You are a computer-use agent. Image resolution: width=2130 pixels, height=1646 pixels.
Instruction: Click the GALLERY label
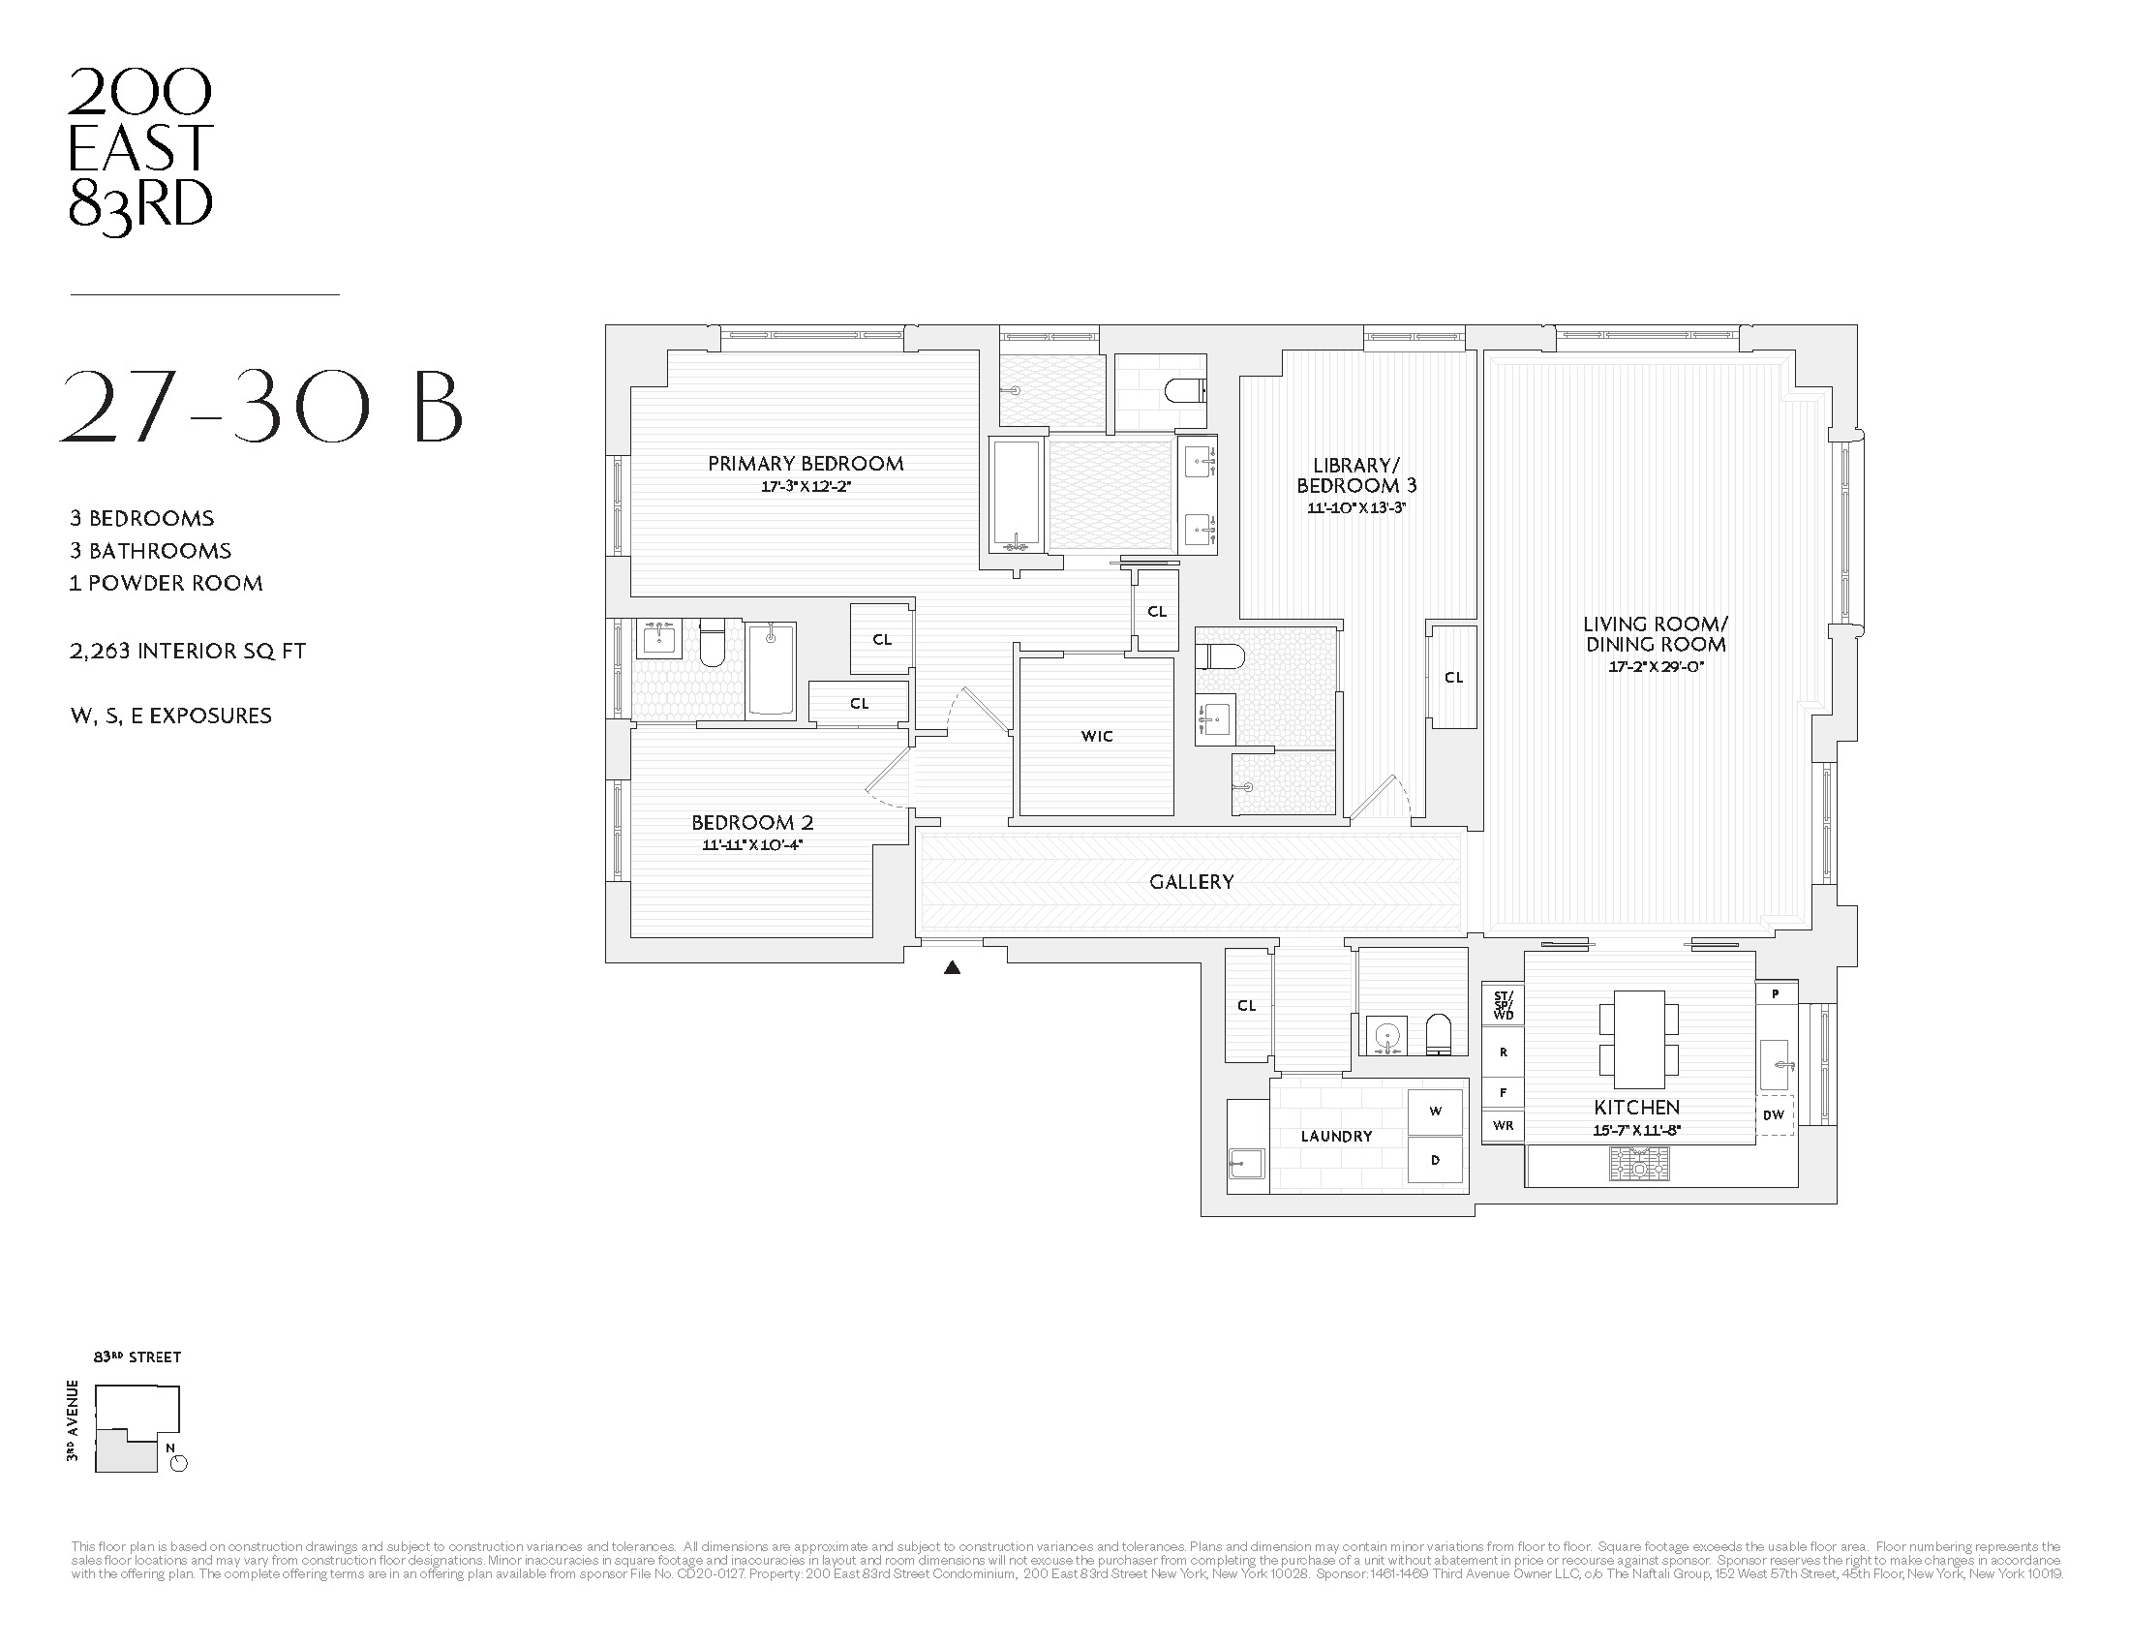pos(1191,881)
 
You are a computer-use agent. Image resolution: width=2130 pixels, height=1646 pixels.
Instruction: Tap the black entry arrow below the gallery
pos(953,968)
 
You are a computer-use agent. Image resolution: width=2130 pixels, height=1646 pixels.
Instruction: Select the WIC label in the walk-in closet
pos(1096,736)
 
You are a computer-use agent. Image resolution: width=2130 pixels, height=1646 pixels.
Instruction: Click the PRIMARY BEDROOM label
pos(806,464)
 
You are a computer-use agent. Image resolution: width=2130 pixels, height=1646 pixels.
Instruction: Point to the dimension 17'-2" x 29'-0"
pos(1655,668)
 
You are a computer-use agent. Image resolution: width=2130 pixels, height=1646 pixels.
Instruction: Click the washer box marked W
pos(1435,1111)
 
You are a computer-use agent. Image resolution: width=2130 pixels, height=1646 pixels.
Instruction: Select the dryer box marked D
pos(1435,1159)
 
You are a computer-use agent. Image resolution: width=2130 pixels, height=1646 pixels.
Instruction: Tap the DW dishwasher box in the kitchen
pos(1773,1114)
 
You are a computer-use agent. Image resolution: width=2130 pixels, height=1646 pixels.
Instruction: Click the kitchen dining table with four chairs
pos(1638,1040)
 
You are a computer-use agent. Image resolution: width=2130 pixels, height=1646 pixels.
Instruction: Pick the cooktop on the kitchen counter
pos(1638,1163)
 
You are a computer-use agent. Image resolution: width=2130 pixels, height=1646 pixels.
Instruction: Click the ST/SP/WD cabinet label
pos(1503,1005)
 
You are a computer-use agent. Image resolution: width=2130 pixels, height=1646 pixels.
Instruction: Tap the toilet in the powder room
pos(1439,1035)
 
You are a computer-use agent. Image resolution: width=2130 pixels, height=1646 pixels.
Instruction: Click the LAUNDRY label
pos(1335,1136)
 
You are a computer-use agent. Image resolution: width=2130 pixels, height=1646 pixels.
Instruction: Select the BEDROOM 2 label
pos(752,822)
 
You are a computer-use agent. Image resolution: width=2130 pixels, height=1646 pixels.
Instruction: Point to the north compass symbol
pos(178,1463)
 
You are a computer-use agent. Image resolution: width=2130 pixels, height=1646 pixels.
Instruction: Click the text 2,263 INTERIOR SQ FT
pos(187,651)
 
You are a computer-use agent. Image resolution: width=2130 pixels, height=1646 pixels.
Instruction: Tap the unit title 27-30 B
pos(261,407)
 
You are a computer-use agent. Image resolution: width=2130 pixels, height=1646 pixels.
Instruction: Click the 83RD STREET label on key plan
pos(137,1356)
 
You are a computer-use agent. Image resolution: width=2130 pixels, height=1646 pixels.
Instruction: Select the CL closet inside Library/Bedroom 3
pos(1453,677)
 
